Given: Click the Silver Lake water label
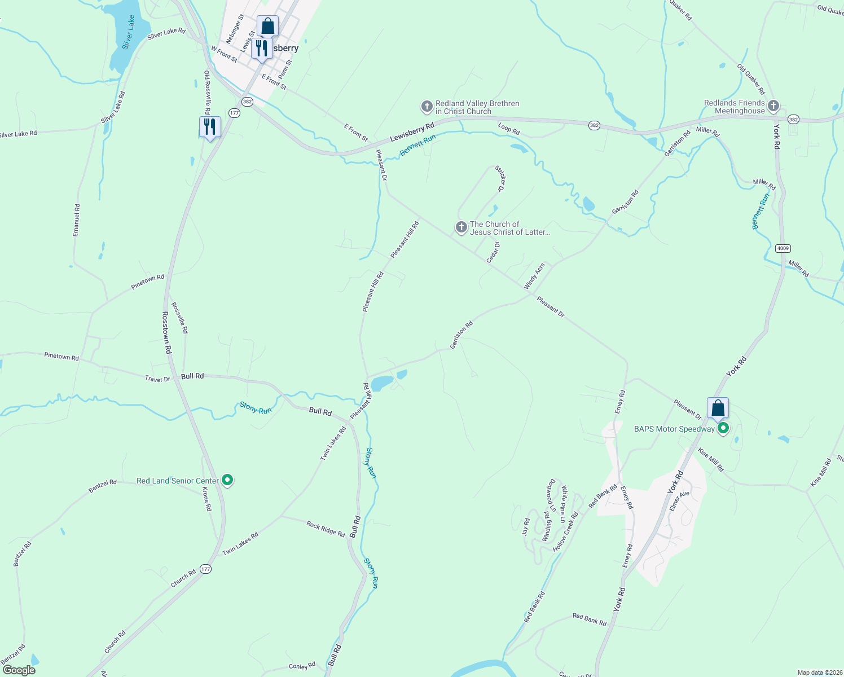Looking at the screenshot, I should [x=129, y=32].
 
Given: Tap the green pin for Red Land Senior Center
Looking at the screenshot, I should [x=227, y=480].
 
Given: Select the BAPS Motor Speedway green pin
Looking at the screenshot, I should [x=723, y=429].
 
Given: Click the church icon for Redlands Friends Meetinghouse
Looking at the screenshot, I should [x=773, y=105].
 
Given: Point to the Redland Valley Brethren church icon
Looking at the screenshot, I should [x=427, y=106].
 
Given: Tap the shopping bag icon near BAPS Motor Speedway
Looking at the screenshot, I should [x=718, y=407].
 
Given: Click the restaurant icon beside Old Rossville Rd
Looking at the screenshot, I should [x=210, y=126].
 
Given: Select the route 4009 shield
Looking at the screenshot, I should [x=783, y=248].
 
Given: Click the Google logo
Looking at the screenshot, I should [x=19, y=670].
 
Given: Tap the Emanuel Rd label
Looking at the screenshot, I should [x=77, y=220].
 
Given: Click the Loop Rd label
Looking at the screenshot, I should [x=509, y=129].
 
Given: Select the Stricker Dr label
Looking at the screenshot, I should [x=500, y=179].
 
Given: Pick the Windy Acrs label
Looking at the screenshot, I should [x=534, y=276].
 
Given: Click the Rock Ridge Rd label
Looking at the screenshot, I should [x=326, y=529].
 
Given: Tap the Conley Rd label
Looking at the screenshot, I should [x=302, y=666].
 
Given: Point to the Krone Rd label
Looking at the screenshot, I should [x=207, y=499].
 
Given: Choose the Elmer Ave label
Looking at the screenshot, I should [x=679, y=501].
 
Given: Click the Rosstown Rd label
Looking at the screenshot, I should [x=166, y=332].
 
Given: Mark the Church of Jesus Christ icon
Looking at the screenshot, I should [x=461, y=227].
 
